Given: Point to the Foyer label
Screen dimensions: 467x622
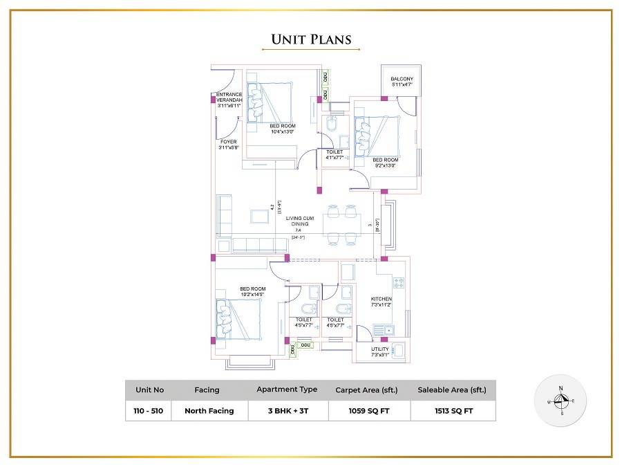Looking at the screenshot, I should (228, 145).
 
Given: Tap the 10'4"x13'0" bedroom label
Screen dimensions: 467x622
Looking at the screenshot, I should (282, 128).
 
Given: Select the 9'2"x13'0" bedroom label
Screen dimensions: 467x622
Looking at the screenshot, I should (386, 163).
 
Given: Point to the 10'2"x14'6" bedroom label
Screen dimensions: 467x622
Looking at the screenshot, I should (252, 291).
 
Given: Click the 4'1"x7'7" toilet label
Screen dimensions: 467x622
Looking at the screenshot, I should (334, 154).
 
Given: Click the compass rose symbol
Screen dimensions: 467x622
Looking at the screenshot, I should (561, 401).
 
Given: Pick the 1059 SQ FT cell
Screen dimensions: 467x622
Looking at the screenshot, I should (368, 410).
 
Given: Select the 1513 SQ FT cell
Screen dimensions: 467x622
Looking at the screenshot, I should (453, 410).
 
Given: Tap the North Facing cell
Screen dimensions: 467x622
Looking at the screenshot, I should (209, 410).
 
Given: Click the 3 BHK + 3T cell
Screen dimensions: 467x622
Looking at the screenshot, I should (287, 410).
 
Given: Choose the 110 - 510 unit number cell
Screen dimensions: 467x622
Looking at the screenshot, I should (149, 410).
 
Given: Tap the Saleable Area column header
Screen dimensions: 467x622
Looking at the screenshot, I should (453, 390).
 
